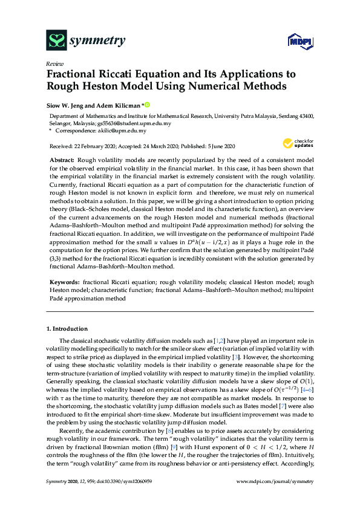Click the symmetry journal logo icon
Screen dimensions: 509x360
[56, 41]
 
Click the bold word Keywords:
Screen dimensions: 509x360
[64, 282]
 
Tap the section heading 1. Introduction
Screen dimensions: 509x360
[67, 329]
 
